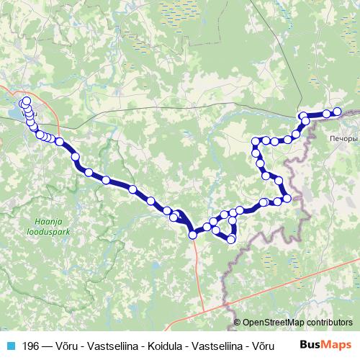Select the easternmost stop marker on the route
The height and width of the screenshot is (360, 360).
[337, 111]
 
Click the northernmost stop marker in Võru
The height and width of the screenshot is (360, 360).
[27, 102]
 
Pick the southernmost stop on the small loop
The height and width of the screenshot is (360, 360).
[231, 239]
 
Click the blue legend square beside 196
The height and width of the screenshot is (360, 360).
[12, 346]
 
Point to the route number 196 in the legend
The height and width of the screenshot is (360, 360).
[31, 346]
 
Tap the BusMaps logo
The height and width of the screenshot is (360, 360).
[325, 346]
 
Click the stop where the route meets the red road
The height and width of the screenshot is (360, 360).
[193, 234]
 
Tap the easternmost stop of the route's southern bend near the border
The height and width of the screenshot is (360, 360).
[287, 198]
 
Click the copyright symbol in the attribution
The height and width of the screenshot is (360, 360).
[238, 323]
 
